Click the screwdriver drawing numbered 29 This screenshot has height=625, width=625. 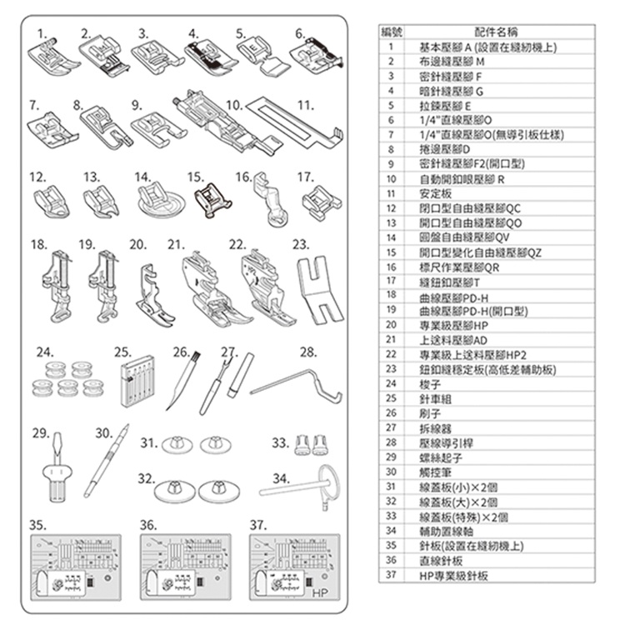57,467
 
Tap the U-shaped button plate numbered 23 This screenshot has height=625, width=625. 320,290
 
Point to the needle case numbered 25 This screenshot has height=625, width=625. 137,381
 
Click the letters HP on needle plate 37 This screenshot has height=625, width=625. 320,592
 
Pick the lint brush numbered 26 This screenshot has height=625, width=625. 183,380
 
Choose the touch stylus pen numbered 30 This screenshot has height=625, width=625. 107,461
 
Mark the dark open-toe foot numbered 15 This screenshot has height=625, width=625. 212,200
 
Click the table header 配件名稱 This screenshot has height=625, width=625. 496,32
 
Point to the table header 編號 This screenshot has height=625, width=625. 392,32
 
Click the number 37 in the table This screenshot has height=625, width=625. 391,574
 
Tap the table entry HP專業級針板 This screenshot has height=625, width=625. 453,576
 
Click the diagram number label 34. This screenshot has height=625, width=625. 282,478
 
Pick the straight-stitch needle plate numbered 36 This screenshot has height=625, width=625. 185,567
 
